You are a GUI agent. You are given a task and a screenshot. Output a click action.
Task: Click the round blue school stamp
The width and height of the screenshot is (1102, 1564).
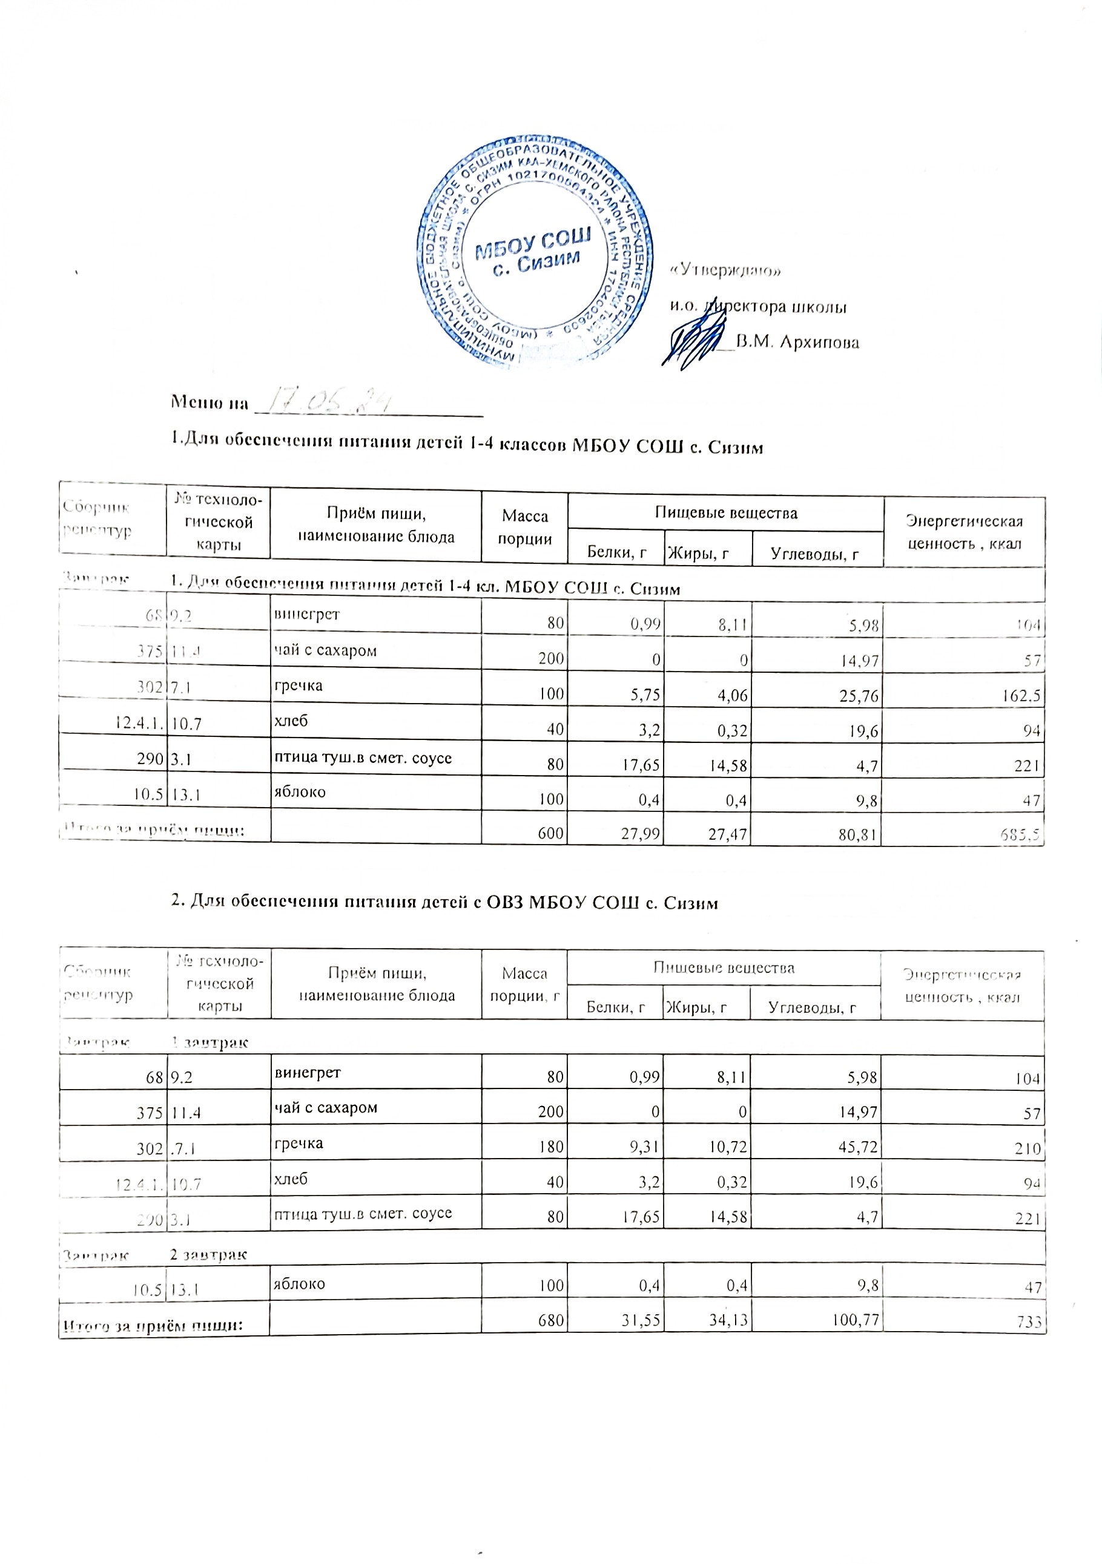(x=535, y=254)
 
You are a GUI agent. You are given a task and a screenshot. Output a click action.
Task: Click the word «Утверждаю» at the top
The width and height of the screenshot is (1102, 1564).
(x=726, y=270)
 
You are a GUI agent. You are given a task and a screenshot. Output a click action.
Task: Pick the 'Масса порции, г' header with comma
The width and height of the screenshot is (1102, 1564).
(x=524, y=985)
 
